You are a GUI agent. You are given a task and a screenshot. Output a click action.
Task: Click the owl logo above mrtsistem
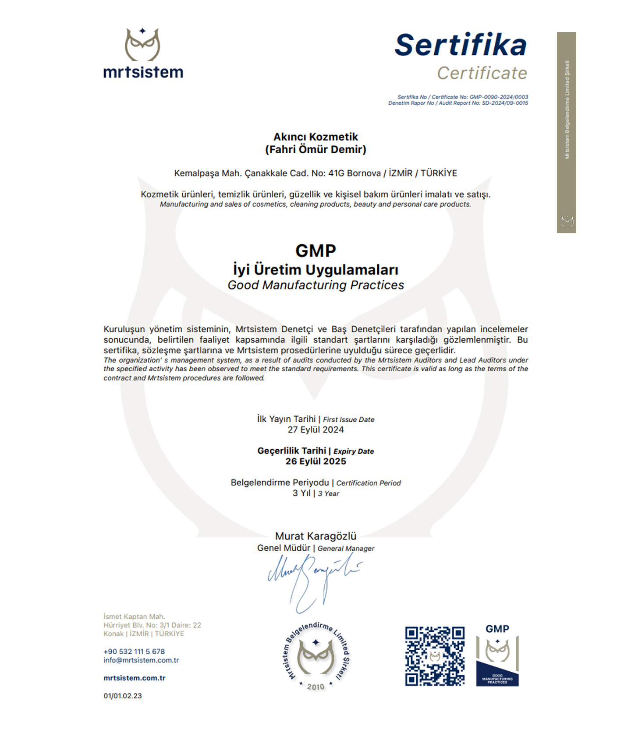pyautogui.click(x=142, y=45)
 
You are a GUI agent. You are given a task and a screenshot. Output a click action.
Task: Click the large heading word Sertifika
pyautogui.click(x=460, y=45)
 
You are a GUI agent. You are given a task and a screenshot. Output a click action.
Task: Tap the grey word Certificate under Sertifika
pyautogui.click(x=482, y=73)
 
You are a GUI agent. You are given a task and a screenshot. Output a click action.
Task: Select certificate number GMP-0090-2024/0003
pyautogui.click(x=499, y=97)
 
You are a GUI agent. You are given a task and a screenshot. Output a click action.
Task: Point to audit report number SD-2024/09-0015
pyautogui.click(x=505, y=103)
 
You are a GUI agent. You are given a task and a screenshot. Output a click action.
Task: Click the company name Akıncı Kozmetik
pyautogui.click(x=315, y=137)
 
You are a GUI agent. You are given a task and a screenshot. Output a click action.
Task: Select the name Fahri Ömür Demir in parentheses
pyautogui.click(x=315, y=150)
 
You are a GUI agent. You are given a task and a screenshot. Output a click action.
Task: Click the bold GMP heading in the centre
pyautogui.click(x=315, y=251)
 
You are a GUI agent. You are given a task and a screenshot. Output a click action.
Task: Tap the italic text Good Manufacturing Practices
pyautogui.click(x=315, y=285)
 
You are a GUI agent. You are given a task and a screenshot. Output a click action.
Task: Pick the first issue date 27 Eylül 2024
pyautogui.click(x=315, y=430)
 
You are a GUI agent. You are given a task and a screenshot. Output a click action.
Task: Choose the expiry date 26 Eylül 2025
pyautogui.click(x=315, y=462)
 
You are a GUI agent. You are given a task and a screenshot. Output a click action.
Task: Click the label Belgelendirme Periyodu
pyautogui.click(x=280, y=483)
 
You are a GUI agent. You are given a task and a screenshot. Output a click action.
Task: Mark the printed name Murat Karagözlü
pyautogui.click(x=315, y=536)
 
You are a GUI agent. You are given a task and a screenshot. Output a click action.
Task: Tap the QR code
pyautogui.click(x=434, y=656)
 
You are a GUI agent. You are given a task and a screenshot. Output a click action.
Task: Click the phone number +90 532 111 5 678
pyautogui.click(x=134, y=652)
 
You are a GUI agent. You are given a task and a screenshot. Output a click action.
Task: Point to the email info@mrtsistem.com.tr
pyautogui.click(x=141, y=660)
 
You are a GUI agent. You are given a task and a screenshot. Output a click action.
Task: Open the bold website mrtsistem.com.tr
pyautogui.click(x=135, y=678)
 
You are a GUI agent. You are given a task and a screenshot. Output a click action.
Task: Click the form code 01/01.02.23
pyautogui.click(x=123, y=696)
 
